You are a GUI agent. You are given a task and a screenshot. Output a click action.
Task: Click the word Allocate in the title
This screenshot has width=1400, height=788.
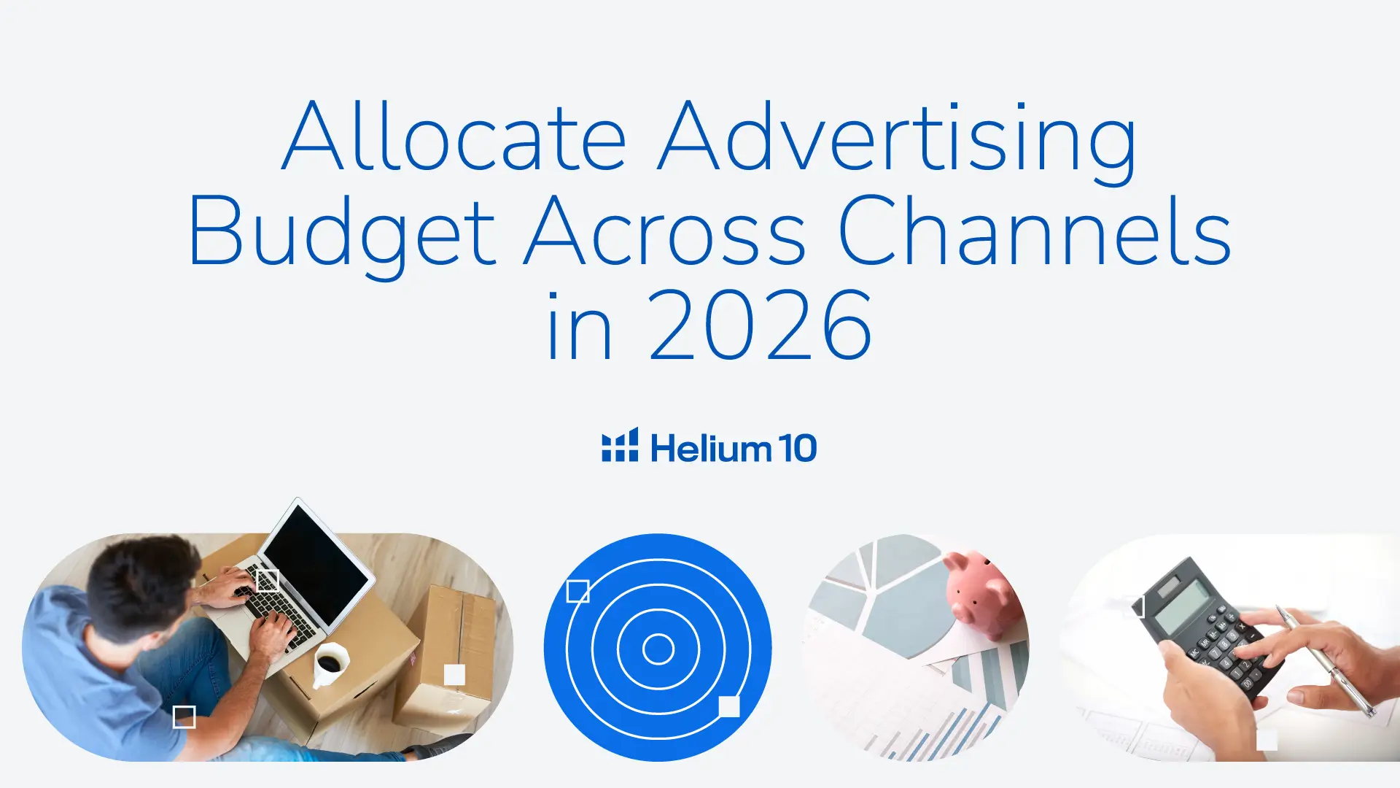click(x=454, y=136)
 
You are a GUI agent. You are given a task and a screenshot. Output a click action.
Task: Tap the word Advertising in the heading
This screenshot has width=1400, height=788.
click(x=898, y=142)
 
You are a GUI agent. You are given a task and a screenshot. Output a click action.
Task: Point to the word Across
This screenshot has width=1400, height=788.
click(x=665, y=231)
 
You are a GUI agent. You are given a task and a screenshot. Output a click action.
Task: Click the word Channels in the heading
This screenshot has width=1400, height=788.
click(x=1035, y=229)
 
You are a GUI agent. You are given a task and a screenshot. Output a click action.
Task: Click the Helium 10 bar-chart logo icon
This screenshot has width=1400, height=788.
click(x=620, y=444)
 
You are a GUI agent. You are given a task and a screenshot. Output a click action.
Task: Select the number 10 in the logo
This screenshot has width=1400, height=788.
click(x=797, y=448)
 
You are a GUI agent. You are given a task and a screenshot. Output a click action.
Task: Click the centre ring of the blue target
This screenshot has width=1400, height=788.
click(x=658, y=649)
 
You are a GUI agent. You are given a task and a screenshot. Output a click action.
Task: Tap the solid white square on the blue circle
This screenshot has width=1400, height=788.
click(x=729, y=706)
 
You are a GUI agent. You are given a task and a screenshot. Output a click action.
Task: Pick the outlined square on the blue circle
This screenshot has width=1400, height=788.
click(x=577, y=591)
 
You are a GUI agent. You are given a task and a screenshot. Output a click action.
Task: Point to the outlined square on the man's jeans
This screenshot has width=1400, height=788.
click(x=184, y=717)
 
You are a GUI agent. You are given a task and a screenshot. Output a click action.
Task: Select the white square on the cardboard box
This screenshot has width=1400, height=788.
click(x=454, y=674)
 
